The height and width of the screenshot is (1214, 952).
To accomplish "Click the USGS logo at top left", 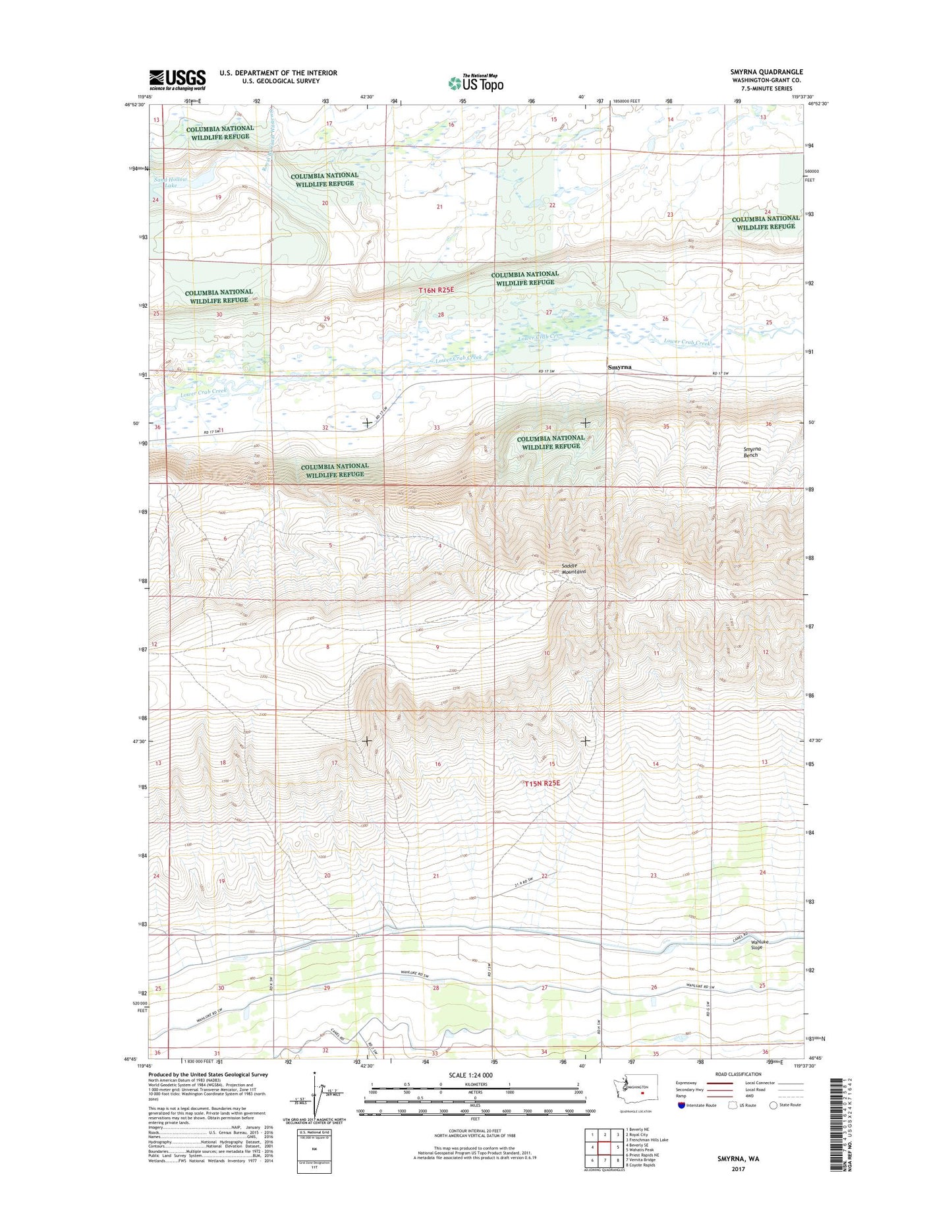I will click(x=177, y=80).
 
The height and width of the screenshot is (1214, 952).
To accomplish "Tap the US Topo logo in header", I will click(x=475, y=82).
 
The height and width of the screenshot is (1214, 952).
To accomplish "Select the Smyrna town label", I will click(x=619, y=366).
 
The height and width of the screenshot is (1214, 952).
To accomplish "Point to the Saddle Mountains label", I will click(x=574, y=569).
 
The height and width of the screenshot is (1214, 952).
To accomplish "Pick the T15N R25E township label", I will click(x=542, y=784).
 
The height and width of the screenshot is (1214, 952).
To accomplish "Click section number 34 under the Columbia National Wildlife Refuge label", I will click(x=548, y=428).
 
